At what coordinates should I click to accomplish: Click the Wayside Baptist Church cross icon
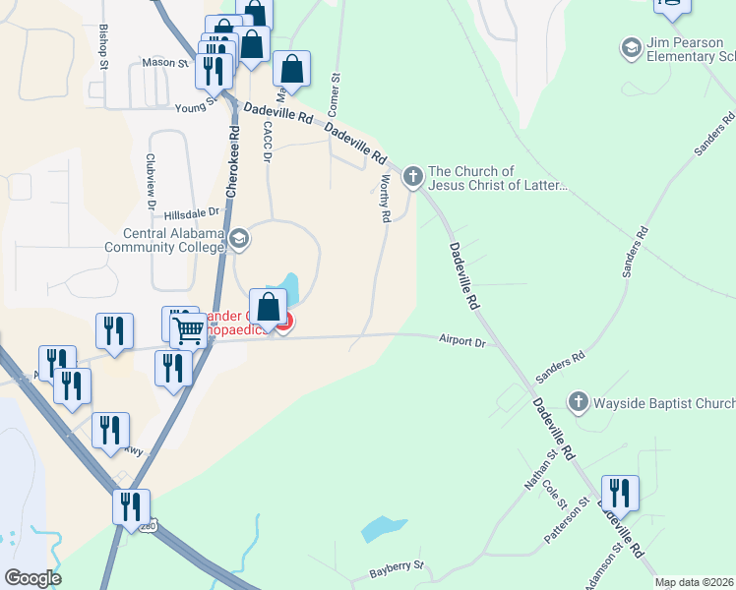coord(578,401)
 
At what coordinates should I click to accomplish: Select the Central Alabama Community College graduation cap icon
coord(238,239)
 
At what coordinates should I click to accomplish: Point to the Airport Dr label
coord(462,341)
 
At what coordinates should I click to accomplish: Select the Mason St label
coord(164,62)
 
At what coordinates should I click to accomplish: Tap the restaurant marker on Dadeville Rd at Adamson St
coord(620,493)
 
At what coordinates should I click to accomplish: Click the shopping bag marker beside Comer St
coord(291,69)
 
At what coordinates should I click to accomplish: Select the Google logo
coord(32,578)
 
